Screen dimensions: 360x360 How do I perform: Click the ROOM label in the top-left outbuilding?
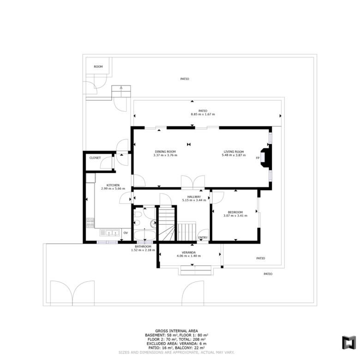pyautogui.click(x=98, y=66)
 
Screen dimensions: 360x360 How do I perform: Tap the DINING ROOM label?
pyautogui.click(x=165, y=151)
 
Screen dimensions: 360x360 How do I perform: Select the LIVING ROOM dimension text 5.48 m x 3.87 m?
pyautogui.click(x=234, y=155)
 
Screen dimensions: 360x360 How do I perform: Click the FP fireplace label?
pyautogui.click(x=258, y=158)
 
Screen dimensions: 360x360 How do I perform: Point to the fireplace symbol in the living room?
pyautogui.click(x=265, y=158)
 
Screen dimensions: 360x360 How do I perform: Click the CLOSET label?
pyautogui.click(x=95, y=158)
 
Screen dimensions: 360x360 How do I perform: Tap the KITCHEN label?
pyautogui.click(x=113, y=185)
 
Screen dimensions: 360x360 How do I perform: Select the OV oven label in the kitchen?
pyautogui.click(x=126, y=233)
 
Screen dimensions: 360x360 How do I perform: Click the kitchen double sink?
pyautogui.click(x=109, y=233)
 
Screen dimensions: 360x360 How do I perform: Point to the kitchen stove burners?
pyautogui.click(x=90, y=223)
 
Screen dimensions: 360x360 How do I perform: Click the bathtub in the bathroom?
pyautogui.click(x=144, y=235)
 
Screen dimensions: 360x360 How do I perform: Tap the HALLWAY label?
pyautogui.click(x=194, y=197)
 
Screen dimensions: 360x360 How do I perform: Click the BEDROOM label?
pyautogui.click(x=235, y=212)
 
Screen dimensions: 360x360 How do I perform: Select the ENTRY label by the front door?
pyautogui.click(x=203, y=238)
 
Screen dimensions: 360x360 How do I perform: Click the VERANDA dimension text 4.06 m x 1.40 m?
pyautogui.click(x=189, y=256)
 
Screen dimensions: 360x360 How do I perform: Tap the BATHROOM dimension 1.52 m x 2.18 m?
pyautogui.click(x=143, y=250)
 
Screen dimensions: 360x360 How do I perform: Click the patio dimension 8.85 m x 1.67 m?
pyautogui.click(x=203, y=114)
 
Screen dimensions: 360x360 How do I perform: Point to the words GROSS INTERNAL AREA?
pyautogui.click(x=177, y=331)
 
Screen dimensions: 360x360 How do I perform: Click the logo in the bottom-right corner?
pyautogui.click(x=349, y=343)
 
